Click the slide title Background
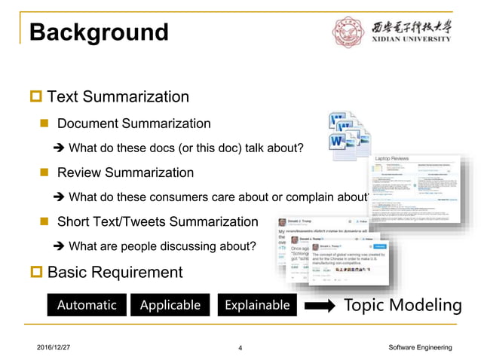(99, 32)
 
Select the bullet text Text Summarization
(118, 96)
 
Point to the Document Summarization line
(133, 124)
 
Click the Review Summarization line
(125, 172)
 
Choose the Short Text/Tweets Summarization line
(157, 222)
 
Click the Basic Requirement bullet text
(115, 272)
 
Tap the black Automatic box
(87, 305)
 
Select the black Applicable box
(170, 305)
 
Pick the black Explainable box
(256, 305)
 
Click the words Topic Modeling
(403, 305)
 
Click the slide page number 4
(240, 348)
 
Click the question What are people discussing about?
(162, 246)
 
